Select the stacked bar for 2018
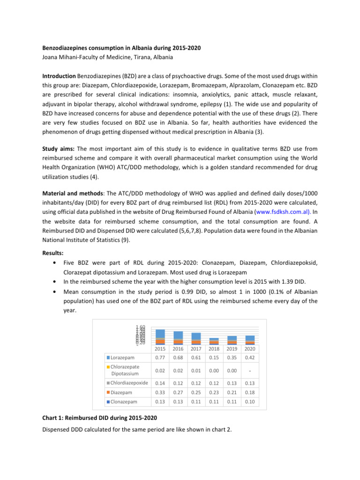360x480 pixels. click(214, 341)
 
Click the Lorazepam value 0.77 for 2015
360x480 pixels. click(160, 358)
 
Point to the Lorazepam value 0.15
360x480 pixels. click(214, 358)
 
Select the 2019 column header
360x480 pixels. click(232, 349)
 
